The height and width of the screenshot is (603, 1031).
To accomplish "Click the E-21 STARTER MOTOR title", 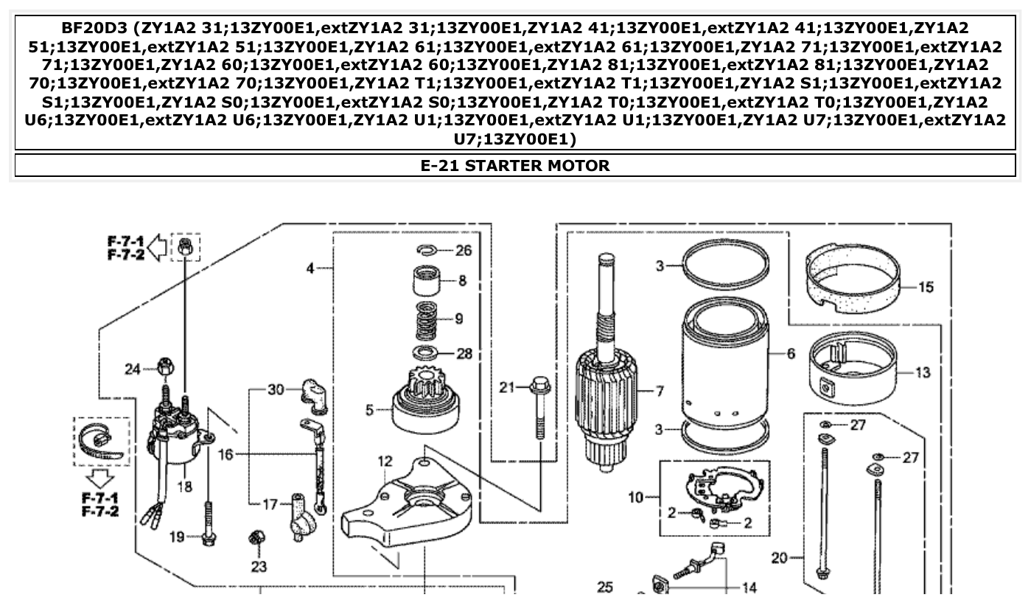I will pos(515,165).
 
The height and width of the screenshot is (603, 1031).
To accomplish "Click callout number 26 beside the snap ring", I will pos(464,251).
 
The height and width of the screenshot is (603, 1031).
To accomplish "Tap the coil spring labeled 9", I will pos(428,318).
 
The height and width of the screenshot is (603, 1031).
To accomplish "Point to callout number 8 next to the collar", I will pos(463,281).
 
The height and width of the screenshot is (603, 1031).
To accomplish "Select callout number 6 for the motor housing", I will pos(791,354).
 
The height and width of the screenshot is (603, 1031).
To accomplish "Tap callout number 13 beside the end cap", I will pos(923,373).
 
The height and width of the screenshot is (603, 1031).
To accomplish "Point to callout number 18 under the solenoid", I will pos(184,487).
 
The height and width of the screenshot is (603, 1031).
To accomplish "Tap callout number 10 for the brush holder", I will pos(635,498).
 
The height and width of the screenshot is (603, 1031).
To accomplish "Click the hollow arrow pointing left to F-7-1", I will pos(157,248).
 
